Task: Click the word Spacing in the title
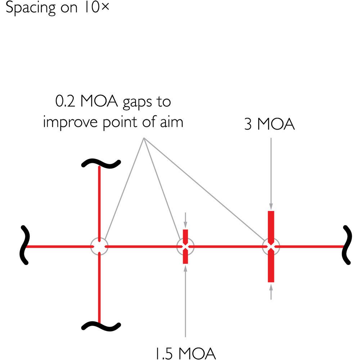coord(31,8)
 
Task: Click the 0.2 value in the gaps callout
coord(65,101)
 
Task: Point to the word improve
coord(71,122)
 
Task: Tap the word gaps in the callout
coord(137,102)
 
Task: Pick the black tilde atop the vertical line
coord(101,163)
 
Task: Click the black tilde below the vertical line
coord(101,326)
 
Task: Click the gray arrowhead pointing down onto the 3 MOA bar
coord(271,206)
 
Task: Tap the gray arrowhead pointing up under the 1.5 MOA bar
coord(185,269)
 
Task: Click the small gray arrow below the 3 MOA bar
coord(271,292)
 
